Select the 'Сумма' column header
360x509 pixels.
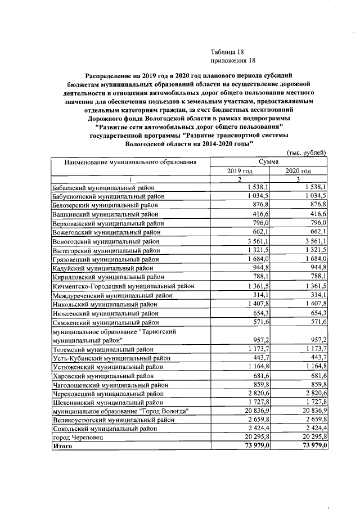coord(269,161)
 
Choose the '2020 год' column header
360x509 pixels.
coord(298,170)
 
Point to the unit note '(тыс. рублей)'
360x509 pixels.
coord(307,152)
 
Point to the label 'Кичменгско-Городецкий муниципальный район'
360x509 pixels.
coord(123,286)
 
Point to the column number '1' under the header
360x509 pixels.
coord(130,179)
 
